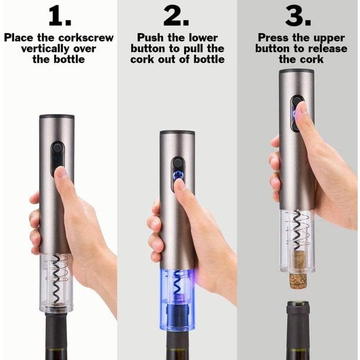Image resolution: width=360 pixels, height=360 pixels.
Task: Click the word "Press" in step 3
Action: click(276, 38)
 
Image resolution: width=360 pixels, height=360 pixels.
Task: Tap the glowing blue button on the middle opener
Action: click(178, 175)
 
